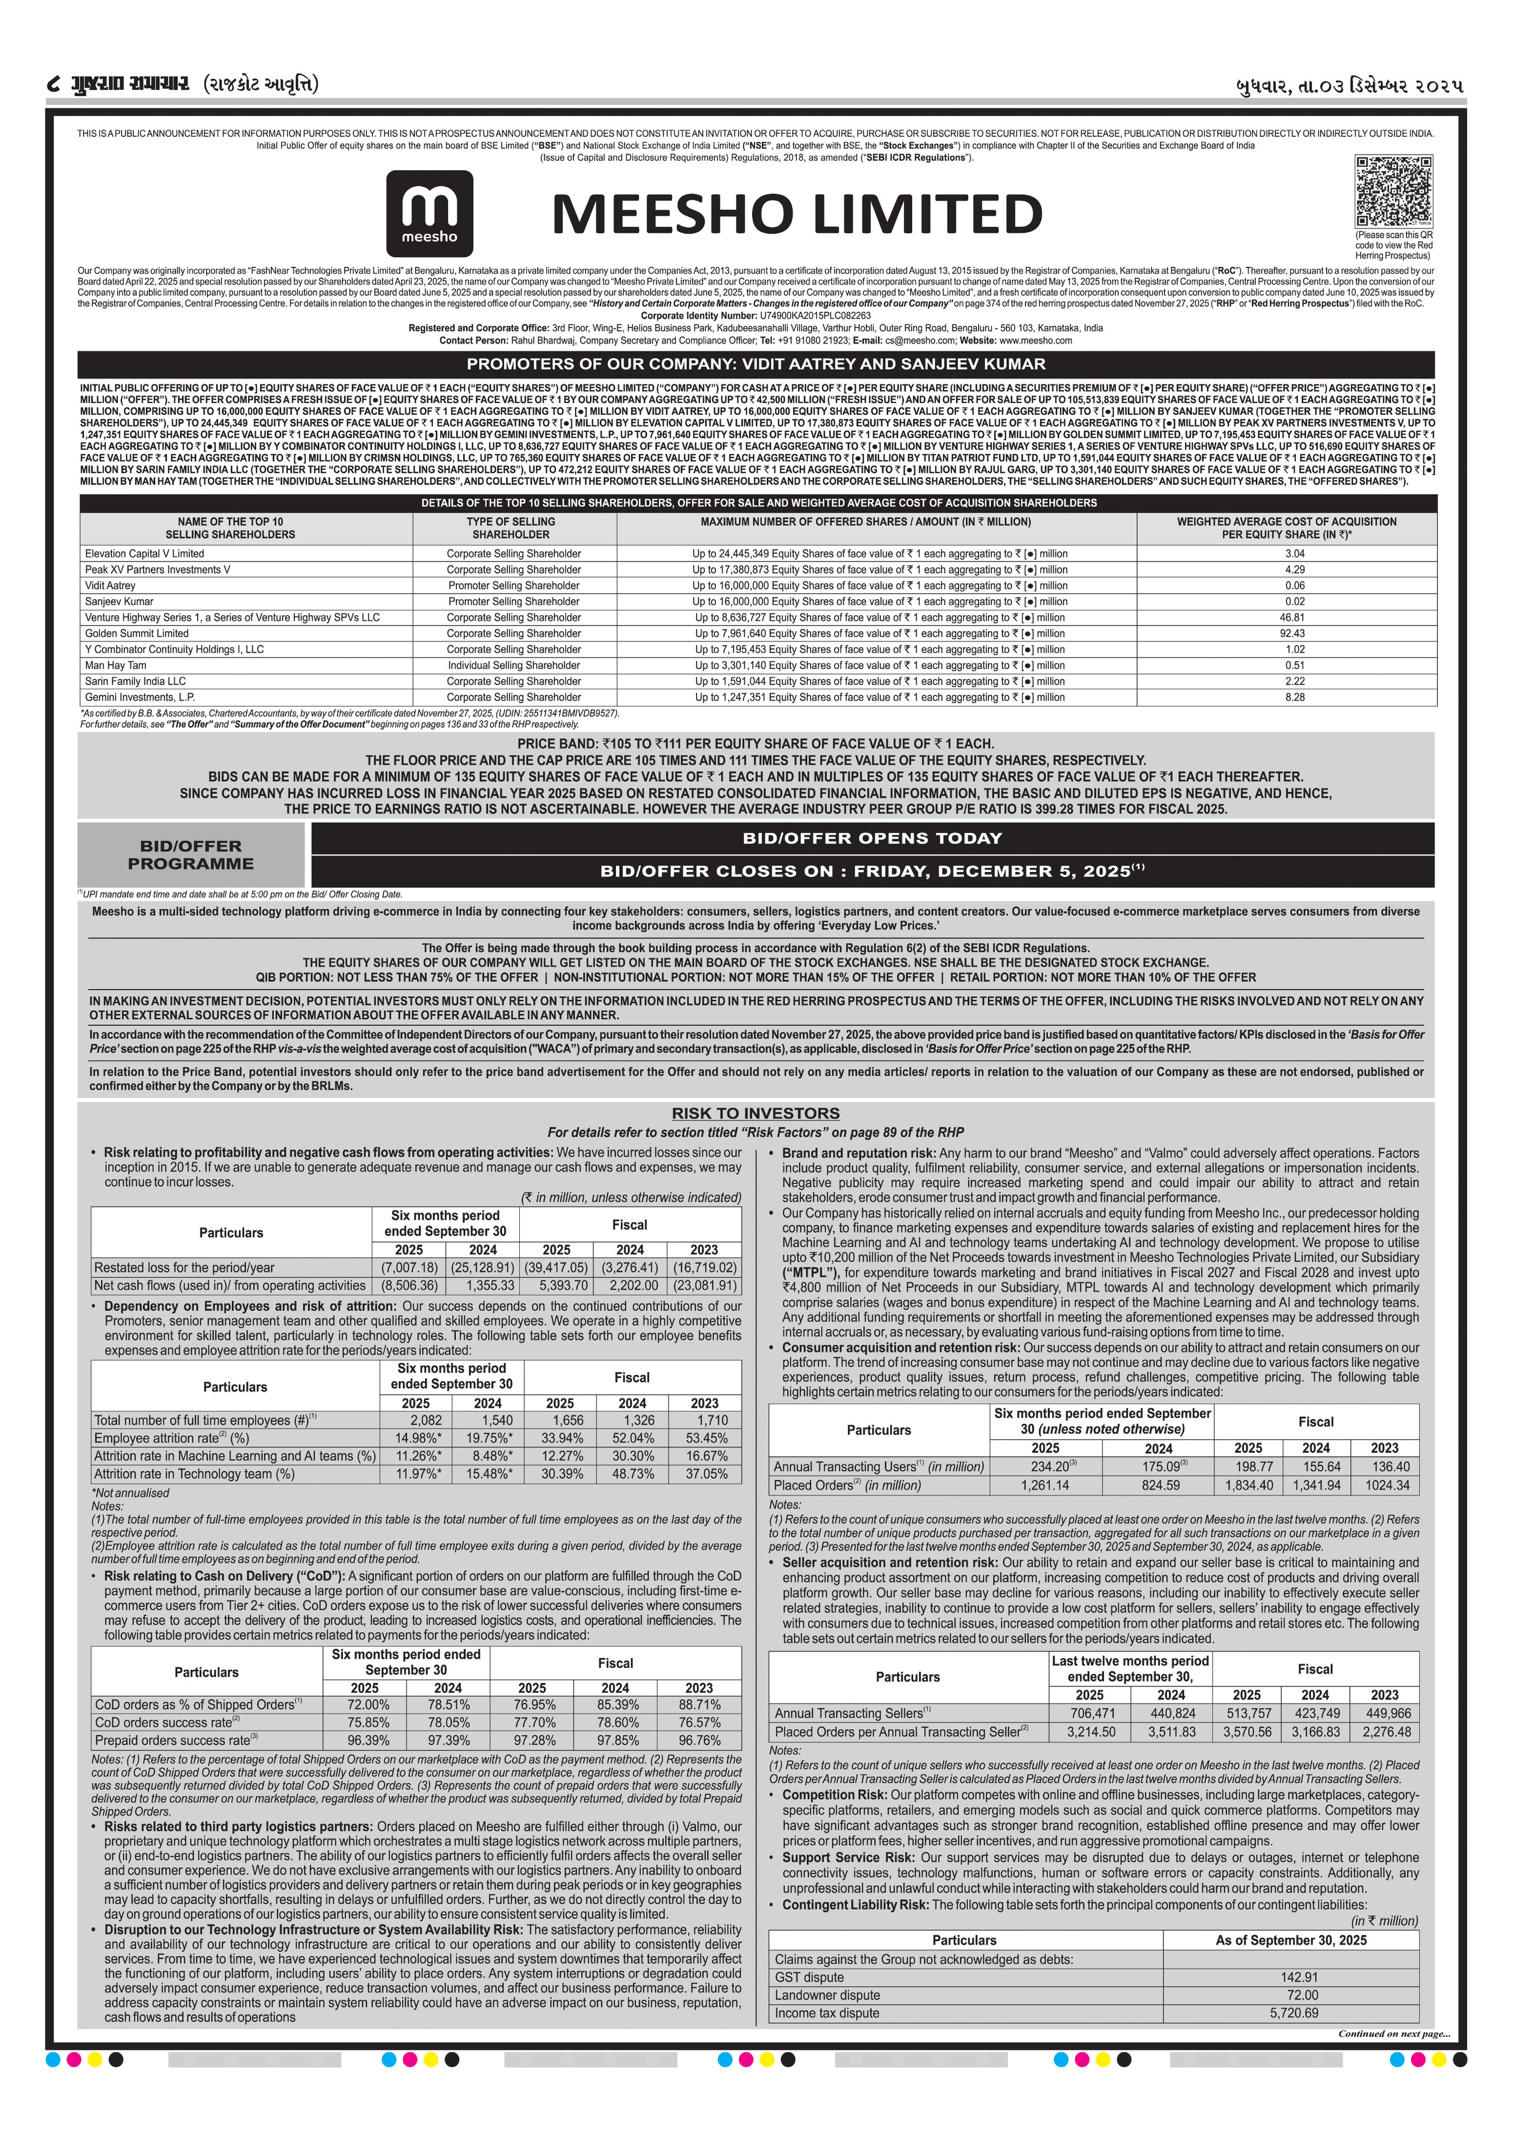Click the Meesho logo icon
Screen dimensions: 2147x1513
point(429,213)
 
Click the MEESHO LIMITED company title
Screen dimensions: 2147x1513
point(796,214)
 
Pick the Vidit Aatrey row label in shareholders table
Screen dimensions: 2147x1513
point(110,586)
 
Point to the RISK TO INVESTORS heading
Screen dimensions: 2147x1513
point(755,1113)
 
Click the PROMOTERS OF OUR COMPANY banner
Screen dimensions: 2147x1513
point(755,364)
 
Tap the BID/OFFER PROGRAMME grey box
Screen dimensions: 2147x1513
point(191,855)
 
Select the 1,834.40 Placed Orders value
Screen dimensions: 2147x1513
point(1248,1485)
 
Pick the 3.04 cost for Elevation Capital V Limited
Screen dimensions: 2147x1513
point(1294,554)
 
